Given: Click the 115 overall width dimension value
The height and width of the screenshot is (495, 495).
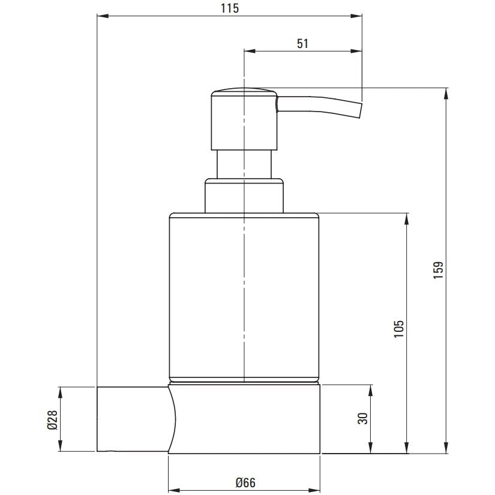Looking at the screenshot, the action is coord(230,8).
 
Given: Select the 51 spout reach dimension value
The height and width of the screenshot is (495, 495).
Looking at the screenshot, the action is coord(302,44).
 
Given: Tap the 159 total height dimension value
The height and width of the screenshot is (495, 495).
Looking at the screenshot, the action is coord(438,269).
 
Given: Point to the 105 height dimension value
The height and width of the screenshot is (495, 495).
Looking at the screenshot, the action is coord(399,329).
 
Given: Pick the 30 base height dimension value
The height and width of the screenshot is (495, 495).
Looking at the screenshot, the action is coord(363,419).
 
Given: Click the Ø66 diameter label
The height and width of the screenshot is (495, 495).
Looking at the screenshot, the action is coord(245,482).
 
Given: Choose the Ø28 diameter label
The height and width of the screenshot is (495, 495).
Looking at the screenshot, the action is coord(52,419).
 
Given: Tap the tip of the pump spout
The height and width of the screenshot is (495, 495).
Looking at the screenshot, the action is coord(361,110).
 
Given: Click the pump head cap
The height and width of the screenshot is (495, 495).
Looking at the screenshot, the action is coord(244,120).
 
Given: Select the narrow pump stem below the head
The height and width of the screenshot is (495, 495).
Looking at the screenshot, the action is coord(244,164).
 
